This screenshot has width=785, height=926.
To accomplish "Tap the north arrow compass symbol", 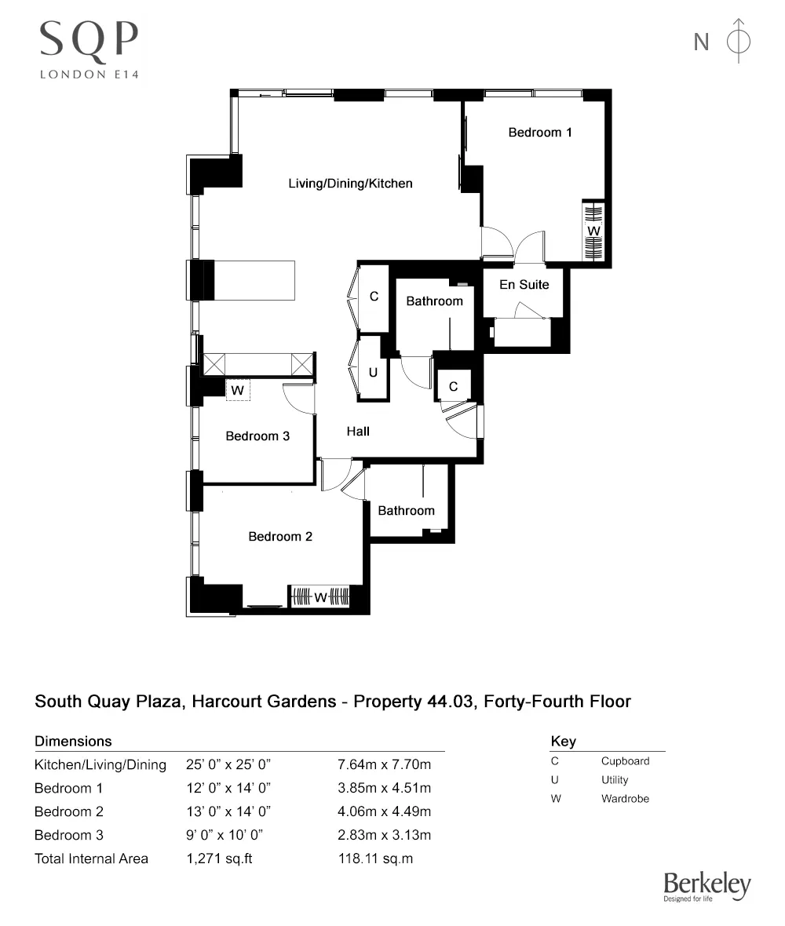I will [x=738, y=41].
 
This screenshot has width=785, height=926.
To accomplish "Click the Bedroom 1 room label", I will [x=540, y=133].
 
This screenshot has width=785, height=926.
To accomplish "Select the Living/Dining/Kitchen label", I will [x=350, y=184].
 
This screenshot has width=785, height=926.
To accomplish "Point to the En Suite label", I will [x=524, y=284].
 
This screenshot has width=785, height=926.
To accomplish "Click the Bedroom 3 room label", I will [x=257, y=436].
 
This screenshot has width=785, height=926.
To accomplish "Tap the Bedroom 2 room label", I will [x=280, y=537].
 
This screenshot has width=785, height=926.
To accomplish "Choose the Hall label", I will [x=358, y=431].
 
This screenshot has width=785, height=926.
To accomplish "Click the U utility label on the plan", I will [x=373, y=373].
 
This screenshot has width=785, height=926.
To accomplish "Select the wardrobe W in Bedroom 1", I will [x=593, y=231].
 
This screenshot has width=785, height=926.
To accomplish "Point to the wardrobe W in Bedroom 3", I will [x=237, y=389].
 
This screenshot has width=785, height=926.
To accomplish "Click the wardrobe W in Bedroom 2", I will [x=320, y=598].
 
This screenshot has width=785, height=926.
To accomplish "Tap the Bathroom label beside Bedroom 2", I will [x=406, y=511].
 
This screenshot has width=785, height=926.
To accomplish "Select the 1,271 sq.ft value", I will [x=219, y=859].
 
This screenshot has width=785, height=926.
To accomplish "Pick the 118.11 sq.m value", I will [x=374, y=859].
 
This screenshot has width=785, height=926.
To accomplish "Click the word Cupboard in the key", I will [x=625, y=761].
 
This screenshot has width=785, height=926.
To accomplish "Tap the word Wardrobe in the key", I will [x=625, y=799].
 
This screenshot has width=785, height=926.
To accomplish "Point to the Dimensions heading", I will [x=73, y=742].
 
